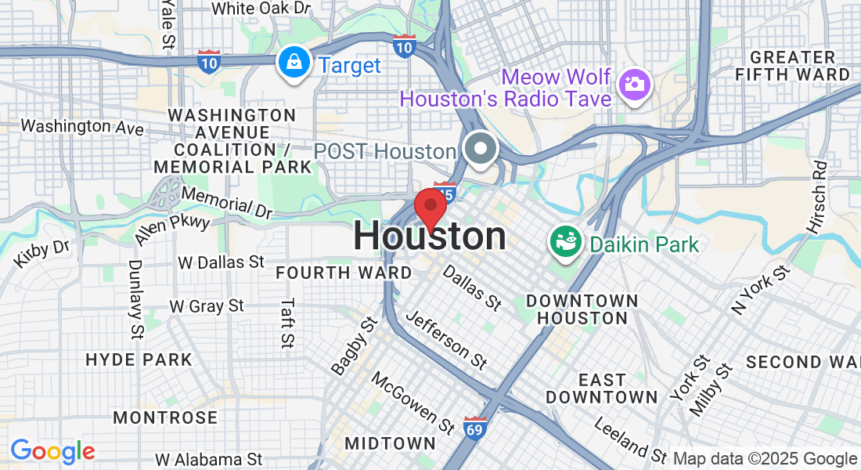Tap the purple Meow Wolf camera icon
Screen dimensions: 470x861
pos(635,84)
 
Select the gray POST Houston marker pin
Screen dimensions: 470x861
pos(481,149)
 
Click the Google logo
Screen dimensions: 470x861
pos(52,452)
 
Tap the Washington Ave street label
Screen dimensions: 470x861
pos(81,126)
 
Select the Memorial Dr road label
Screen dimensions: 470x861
pos(227,201)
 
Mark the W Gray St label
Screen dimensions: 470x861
pos(207,306)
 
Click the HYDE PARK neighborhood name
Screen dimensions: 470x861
pos(139,360)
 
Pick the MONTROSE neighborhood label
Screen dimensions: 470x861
pos(165,418)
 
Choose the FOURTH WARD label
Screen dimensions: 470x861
pos(344,273)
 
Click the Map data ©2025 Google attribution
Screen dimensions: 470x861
pos(765,459)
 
